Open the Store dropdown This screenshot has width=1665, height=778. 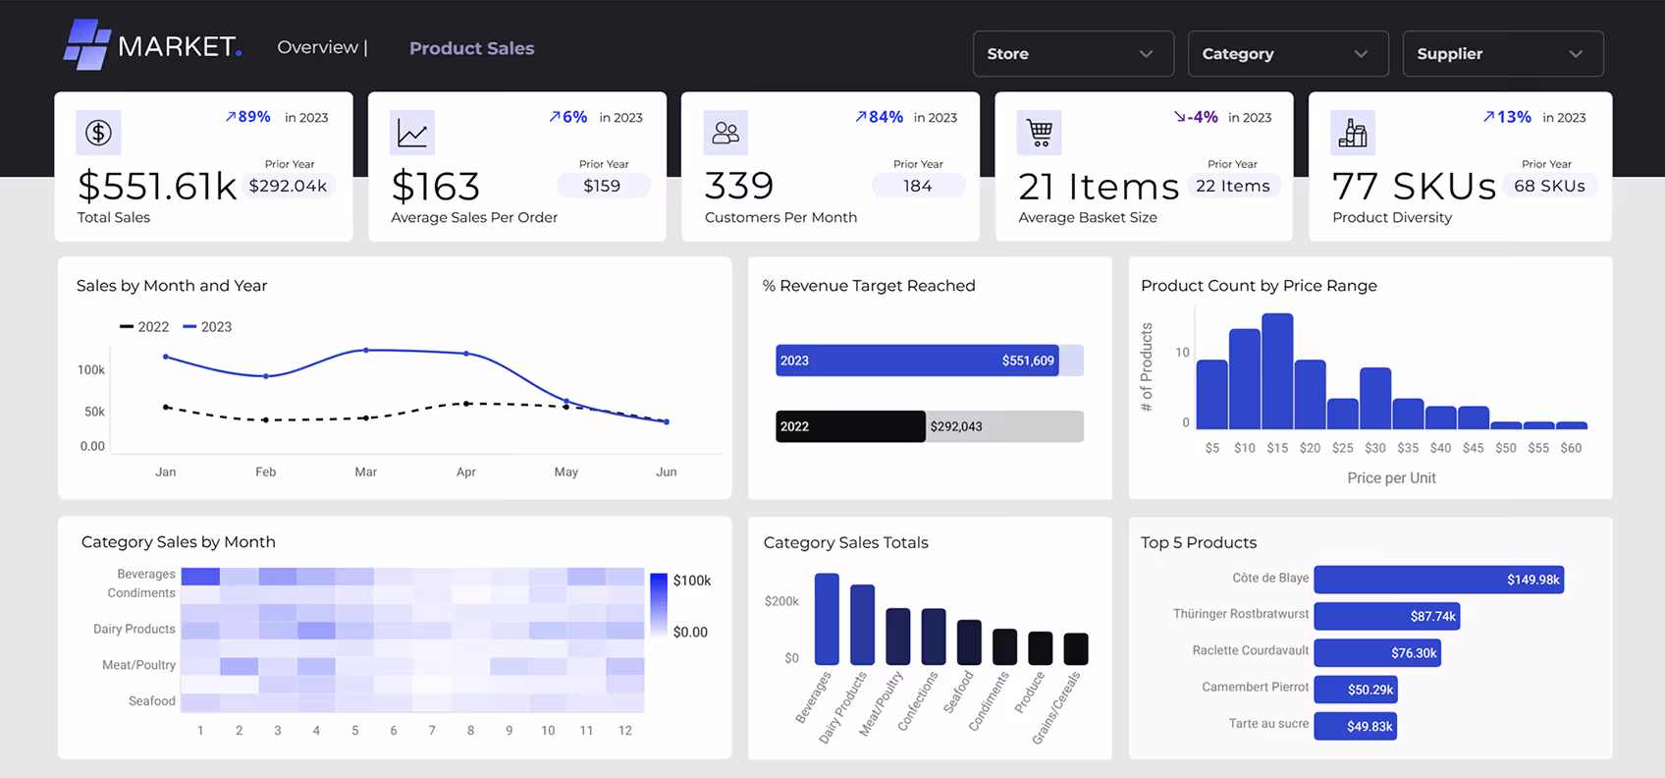(x=1072, y=54)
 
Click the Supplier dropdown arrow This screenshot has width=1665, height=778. (x=1575, y=54)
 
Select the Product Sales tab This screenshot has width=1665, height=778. (x=471, y=48)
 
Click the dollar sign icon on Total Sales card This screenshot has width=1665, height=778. (x=98, y=133)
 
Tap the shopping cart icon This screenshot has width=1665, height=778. (x=1040, y=133)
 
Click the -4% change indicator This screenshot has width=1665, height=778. (x=1197, y=117)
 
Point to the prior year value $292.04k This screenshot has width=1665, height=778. (x=288, y=186)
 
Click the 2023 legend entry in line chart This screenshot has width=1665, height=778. (x=207, y=327)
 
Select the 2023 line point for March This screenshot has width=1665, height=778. (x=366, y=350)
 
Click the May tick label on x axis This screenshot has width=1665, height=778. (x=566, y=472)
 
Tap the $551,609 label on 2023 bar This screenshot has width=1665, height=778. (x=1028, y=361)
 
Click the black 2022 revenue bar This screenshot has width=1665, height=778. (x=850, y=426)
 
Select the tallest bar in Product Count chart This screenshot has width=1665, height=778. (x=1277, y=370)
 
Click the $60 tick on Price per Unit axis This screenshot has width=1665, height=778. (x=1571, y=448)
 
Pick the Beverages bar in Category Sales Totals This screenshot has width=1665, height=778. (x=827, y=619)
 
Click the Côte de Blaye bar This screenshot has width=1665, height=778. (x=1437, y=580)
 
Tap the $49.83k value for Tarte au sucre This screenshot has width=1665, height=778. (x=1370, y=726)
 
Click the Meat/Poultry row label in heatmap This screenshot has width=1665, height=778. (x=138, y=665)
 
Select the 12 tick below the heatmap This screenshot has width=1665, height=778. (x=625, y=731)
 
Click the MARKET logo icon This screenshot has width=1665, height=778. (x=86, y=45)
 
